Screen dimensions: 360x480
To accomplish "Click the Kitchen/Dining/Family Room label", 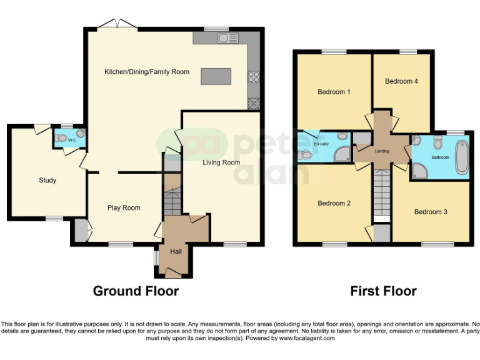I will [146, 72].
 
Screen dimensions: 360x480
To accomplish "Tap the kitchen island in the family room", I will [216, 76].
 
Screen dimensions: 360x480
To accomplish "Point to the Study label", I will [47, 181].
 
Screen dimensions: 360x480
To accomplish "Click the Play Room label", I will [124, 208].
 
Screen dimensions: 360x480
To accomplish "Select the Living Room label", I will [221, 162].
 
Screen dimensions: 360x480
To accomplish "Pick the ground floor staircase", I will [171, 199].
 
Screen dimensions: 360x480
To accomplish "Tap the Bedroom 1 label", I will [334, 92].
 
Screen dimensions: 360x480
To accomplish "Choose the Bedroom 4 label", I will [401, 81].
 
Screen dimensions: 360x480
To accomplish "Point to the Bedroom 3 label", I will [431, 212].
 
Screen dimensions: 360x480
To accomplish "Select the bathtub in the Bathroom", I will [461, 157].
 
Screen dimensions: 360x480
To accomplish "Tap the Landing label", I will [382, 151].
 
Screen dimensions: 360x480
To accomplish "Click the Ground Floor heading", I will [136, 291].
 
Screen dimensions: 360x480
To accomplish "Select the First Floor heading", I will [383, 291].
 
